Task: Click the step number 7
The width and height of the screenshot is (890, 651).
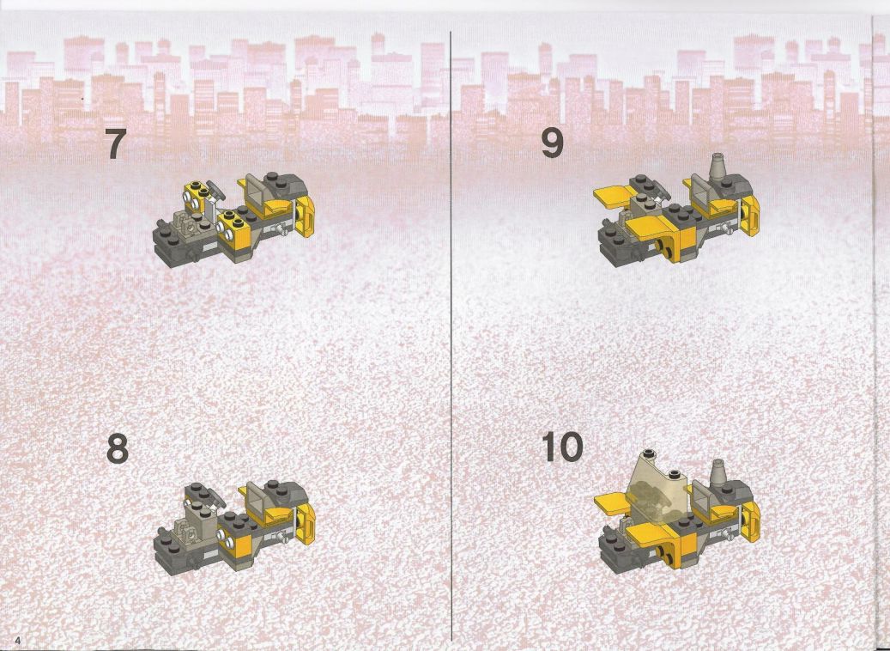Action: coord(116,144)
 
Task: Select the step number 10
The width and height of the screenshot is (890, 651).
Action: coord(562,447)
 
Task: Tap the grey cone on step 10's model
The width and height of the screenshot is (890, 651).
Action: coord(718,473)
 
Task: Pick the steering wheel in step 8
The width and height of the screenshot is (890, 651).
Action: coord(215,497)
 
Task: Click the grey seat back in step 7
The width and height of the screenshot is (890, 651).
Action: coord(254,193)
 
